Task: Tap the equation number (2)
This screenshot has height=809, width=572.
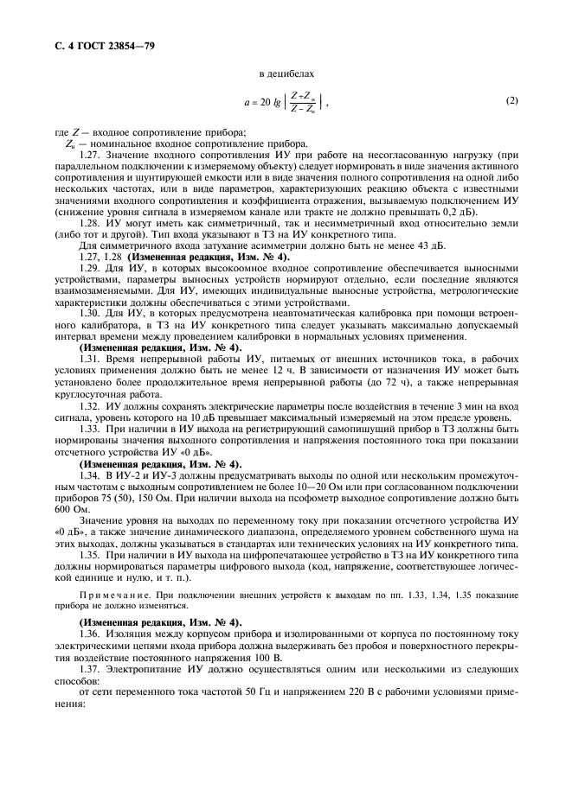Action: [512, 101]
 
